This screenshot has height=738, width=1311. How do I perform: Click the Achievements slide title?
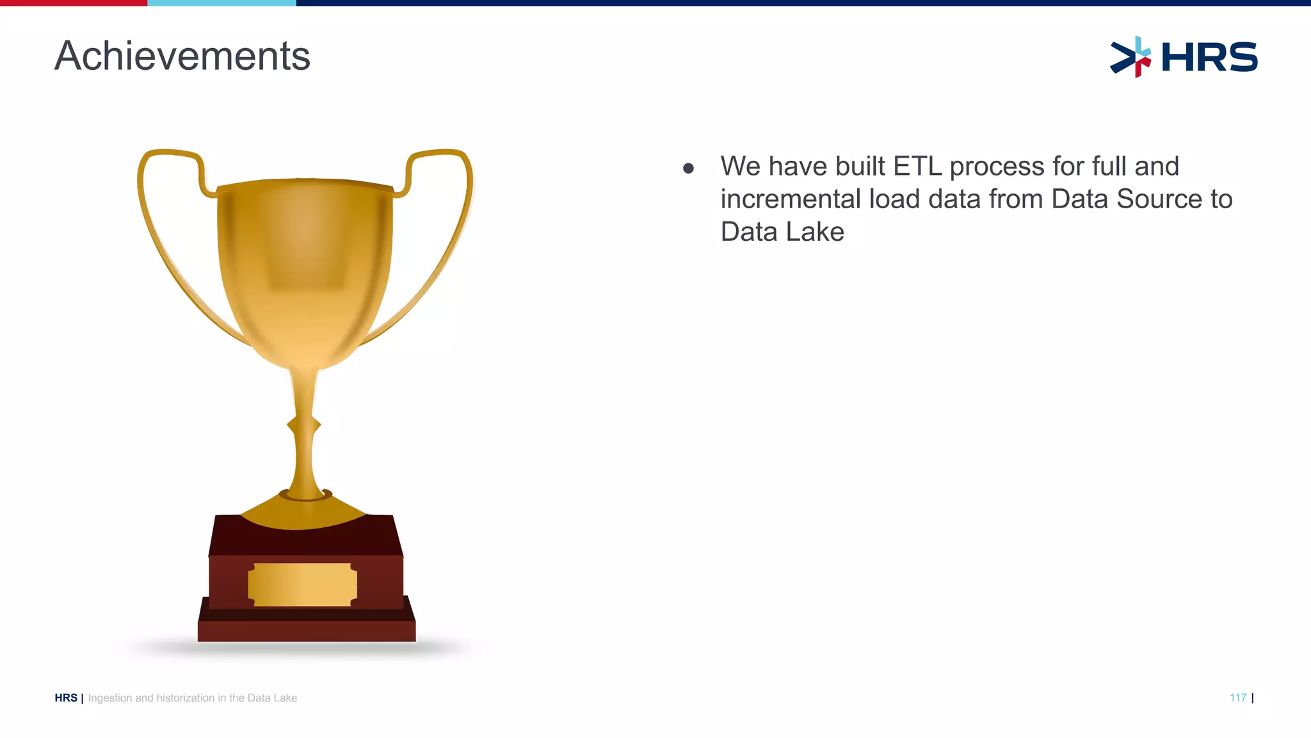click(x=182, y=56)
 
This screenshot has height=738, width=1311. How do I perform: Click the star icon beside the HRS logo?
click(x=1131, y=57)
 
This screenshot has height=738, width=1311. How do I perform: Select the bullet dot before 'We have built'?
click(x=689, y=168)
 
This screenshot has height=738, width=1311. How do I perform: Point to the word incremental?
click(x=790, y=199)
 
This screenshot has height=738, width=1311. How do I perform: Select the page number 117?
click(x=1237, y=698)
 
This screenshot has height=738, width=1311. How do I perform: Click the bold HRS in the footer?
click(x=66, y=698)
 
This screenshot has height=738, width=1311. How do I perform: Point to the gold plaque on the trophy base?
click(x=302, y=584)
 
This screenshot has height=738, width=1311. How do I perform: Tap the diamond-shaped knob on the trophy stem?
click(x=303, y=425)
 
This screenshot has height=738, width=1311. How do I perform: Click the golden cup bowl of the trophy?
click(x=305, y=269)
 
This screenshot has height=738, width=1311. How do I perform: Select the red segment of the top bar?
click(x=74, y=3)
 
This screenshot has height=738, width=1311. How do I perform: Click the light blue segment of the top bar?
click(x=221, y=3)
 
